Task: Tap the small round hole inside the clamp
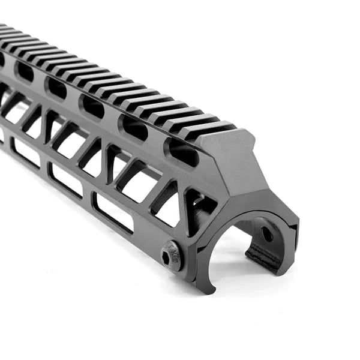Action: tap(266, 235)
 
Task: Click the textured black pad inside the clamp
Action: tap(264, 255)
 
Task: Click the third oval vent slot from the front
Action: tap(93, 106)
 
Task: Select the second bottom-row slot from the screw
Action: tap(66, 181)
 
